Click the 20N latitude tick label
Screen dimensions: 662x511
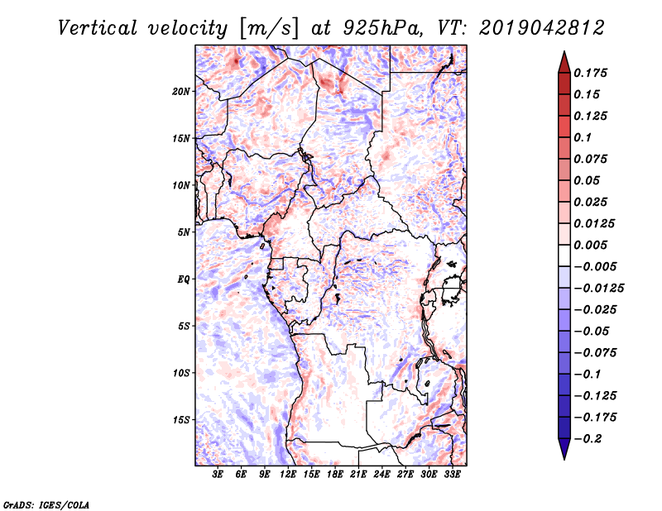pos(180,92)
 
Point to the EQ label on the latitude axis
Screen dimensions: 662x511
pos(184,279)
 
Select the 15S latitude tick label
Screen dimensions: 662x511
pos(180,420)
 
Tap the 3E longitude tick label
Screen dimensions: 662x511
pos(218,475)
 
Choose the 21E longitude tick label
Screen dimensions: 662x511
pos(358,475)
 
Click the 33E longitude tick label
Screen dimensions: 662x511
pos(452,475)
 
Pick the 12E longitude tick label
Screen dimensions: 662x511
pos(287,475)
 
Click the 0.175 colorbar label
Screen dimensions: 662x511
pos(590,73)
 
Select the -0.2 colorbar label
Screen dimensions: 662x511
pos(588,439)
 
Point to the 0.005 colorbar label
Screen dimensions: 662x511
pos(590,245)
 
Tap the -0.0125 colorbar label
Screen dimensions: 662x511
pos(598,289)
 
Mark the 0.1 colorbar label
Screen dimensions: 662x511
pos(583,137)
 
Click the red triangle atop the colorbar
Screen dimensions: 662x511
pos(564,63)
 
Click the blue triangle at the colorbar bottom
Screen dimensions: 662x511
pos(564,448)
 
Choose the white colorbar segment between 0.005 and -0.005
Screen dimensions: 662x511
pos(564,255)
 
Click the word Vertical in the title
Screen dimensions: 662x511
pos(98,28)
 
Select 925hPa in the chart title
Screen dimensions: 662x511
pos(382,28)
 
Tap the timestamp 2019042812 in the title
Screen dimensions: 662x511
pos(542,28)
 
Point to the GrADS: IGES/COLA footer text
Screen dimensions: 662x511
pos(46,505)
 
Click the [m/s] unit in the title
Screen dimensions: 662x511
pos(269,28)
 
